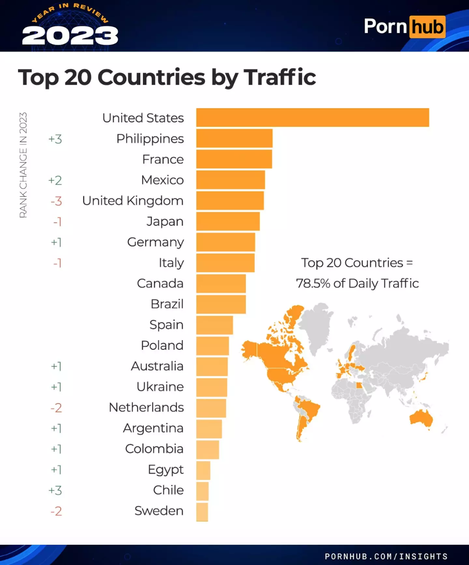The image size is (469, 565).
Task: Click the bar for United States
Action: (312, 117)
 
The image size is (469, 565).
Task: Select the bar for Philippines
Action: (234, 138)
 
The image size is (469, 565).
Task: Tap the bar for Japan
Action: (228, 221)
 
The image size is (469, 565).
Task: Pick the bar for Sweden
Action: (202, 512)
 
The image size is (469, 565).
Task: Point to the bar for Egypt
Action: (203, 470)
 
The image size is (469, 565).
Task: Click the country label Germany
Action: (155, 242)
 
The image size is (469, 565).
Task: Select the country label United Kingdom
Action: (133, 201)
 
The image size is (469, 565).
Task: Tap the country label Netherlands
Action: (146, 407)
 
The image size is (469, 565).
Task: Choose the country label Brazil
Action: (167, 304)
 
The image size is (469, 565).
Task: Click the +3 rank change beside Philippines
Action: (55, 139)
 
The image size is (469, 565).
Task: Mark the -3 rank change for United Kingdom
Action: (56, 201)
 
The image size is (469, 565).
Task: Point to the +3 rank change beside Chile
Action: (55, 490)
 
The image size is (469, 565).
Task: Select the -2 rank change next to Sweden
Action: (56, 511)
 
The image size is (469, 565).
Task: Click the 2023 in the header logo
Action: (70, 36)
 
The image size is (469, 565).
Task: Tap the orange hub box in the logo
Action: (427, 27)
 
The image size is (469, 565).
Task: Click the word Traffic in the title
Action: (280, 77)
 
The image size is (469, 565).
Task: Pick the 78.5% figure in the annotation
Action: (313, 283)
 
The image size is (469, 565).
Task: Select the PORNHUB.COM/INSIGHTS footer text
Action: (386, 556)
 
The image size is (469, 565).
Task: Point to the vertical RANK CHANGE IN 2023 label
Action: (23, 165)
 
